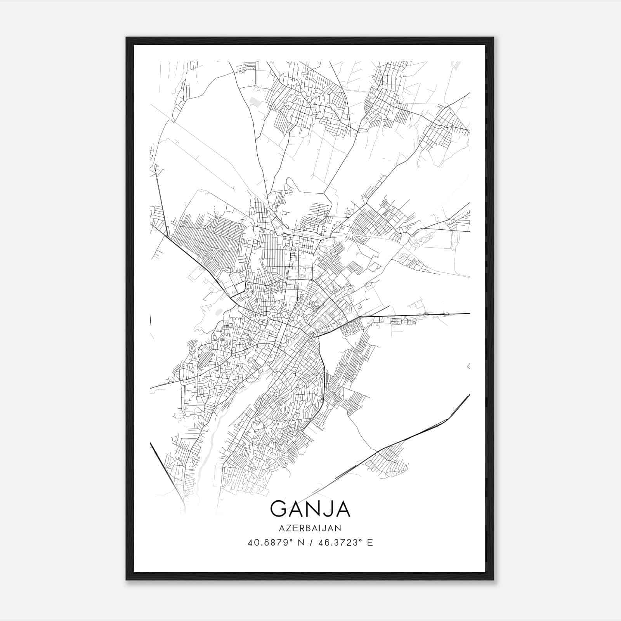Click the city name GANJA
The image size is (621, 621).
pos(310,508)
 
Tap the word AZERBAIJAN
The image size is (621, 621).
pos(310,528)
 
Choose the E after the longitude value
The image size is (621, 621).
pos(370,543)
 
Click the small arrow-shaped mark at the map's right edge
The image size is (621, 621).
pos(468,366)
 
